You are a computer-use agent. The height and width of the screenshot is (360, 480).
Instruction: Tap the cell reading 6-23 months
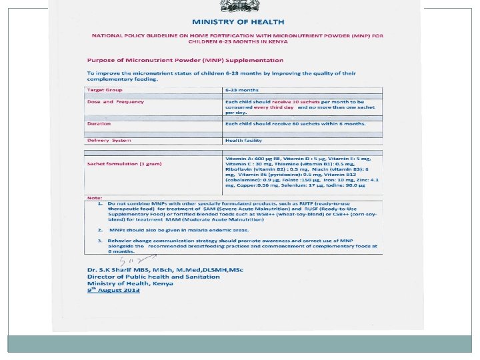[x=241, y=89]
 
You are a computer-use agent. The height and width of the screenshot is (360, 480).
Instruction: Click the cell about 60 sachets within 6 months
[x=295, y=123]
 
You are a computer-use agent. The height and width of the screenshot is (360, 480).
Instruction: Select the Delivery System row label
[x=109, y=140]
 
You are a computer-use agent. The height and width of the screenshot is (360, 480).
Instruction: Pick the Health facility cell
[x=243, y=140]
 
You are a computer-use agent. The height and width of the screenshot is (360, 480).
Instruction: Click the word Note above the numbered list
[x=93, y=198]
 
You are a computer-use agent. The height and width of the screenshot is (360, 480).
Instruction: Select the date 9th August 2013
[x=113, y=291]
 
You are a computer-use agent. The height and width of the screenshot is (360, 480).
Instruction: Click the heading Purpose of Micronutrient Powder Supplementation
[x=180, y=61]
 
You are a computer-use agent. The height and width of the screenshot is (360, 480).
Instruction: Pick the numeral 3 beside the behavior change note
[x=99, y=240]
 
